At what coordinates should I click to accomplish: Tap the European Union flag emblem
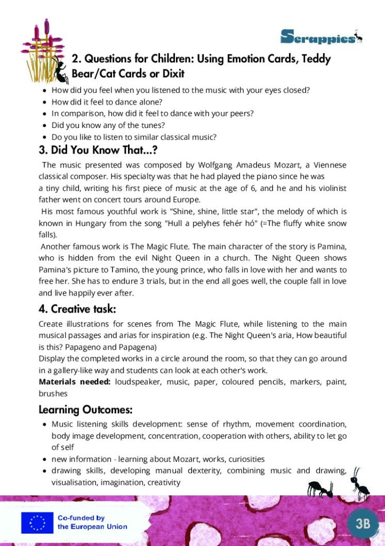(37, 523)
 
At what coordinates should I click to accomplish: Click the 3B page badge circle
(362, 523)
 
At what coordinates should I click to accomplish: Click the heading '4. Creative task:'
(77, 309)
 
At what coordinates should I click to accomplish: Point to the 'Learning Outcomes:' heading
(85, 410)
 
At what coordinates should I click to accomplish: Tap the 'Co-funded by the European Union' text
(92, 523)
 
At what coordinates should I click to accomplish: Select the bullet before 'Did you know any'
(44, 126)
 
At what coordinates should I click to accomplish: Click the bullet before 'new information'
(44, 459)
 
